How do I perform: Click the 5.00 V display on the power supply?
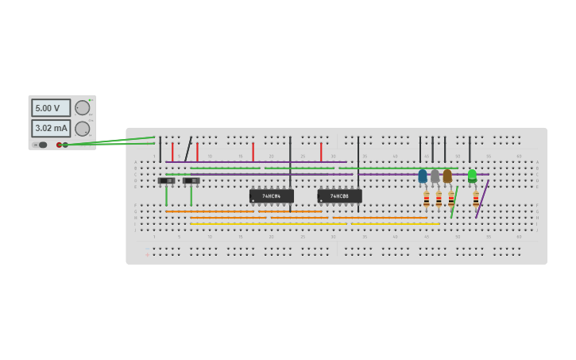51,108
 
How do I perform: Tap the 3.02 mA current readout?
51,128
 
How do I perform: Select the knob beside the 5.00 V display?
82,108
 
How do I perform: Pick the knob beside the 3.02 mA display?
82,129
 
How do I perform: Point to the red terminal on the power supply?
59,145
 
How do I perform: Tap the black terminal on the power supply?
65,145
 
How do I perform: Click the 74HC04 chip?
271,195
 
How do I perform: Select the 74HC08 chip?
339,195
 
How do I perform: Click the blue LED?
423,176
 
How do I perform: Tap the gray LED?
435,176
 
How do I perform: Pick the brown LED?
447,176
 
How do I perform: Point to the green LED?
472,176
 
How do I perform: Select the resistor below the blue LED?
427,199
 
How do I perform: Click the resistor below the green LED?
476,199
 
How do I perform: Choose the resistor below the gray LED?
439,199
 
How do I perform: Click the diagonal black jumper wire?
188,149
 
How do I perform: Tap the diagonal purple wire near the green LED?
482,199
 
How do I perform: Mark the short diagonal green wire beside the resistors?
454,203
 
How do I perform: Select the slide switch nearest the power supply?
166,181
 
